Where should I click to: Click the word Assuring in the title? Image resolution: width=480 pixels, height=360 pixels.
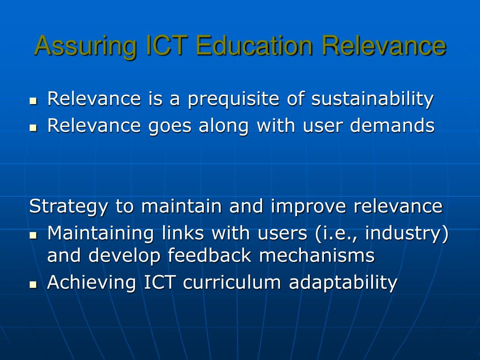coord(86,46)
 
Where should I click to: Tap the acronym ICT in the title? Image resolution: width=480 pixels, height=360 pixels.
coord(166,45)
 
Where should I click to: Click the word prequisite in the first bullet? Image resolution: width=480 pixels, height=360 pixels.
coord(233,99)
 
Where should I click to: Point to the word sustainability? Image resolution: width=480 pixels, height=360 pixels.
coord(373,99)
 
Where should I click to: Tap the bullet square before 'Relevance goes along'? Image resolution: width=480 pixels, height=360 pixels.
coord(33,127)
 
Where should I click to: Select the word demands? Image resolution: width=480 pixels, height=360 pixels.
coord(392,125)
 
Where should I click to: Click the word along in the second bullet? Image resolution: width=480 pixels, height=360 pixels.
coord(224,126)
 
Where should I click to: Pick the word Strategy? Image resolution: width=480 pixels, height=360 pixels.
coord(68,206)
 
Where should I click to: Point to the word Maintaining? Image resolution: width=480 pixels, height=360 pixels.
coord(100,233)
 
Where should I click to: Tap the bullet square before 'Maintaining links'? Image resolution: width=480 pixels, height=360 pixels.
coord(33,235)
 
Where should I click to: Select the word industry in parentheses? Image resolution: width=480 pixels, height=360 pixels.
coord(404,233)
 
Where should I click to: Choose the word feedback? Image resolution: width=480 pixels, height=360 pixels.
coord(210,255)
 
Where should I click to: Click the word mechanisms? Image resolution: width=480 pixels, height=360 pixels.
coord(317,255)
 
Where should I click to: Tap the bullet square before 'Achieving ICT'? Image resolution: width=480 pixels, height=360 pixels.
coord(33,285)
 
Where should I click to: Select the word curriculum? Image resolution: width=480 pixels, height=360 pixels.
coord(232,282)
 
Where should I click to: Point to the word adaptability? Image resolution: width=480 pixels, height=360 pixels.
coord(343,283)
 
